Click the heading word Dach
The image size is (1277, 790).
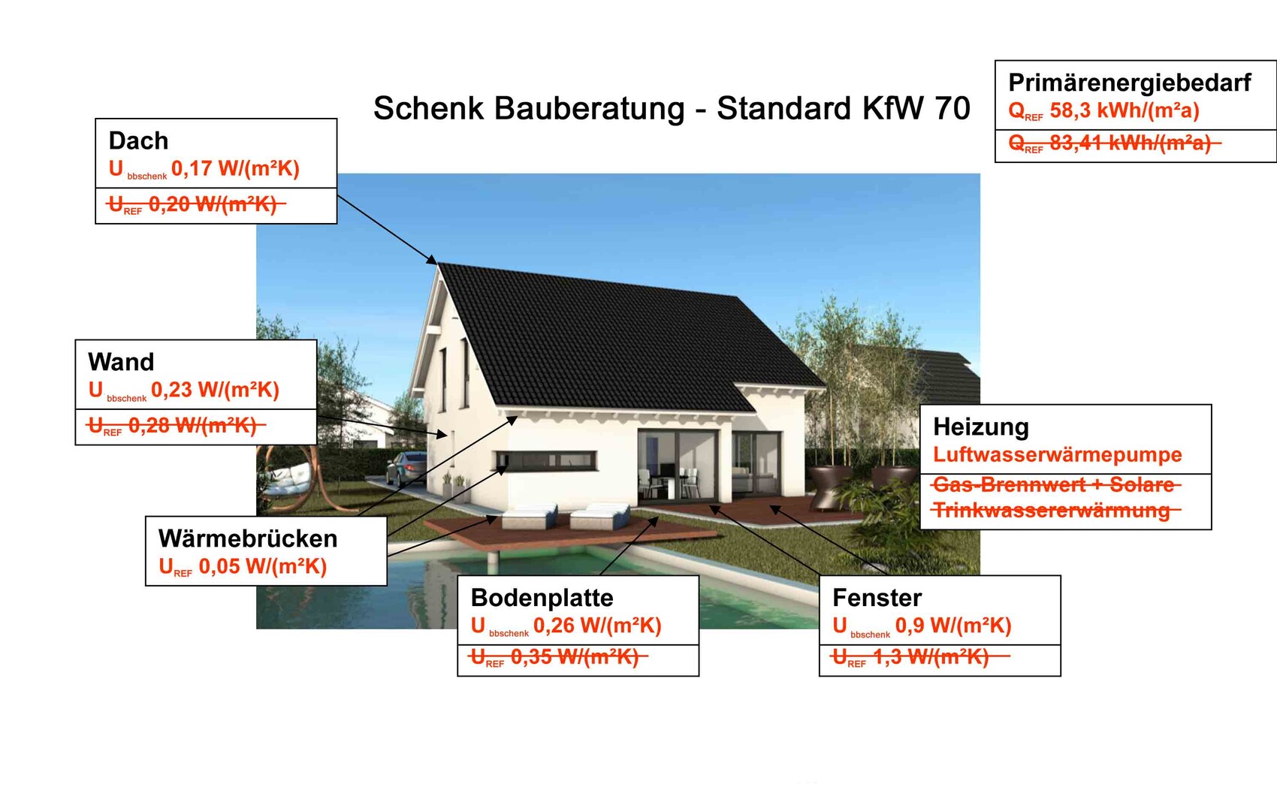(x=138, y=140)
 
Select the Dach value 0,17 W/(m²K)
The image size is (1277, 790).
(x=235, y=169)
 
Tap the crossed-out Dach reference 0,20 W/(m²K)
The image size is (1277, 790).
(x=213, y=204)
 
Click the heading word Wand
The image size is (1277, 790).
(x=121, y=362)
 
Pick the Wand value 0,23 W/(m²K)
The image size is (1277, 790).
(x=215, y=390)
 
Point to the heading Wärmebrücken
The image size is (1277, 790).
(x=248, y=538)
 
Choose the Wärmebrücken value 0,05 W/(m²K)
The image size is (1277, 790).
(x=263, y=566)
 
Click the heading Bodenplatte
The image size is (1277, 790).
(x=542, y=598)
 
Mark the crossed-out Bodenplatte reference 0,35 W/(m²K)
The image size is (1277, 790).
(x=575, y=657)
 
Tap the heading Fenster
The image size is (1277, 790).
(x=877, y=598)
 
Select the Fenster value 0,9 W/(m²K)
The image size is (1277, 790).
(x=953, y=626)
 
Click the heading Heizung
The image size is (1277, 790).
(x=981, y=427)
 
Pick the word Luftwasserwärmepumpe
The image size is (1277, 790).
(x=1058, y=455)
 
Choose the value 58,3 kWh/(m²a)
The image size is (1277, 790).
(x=1125, y=110)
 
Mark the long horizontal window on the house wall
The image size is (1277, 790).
(x=545, y=460)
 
